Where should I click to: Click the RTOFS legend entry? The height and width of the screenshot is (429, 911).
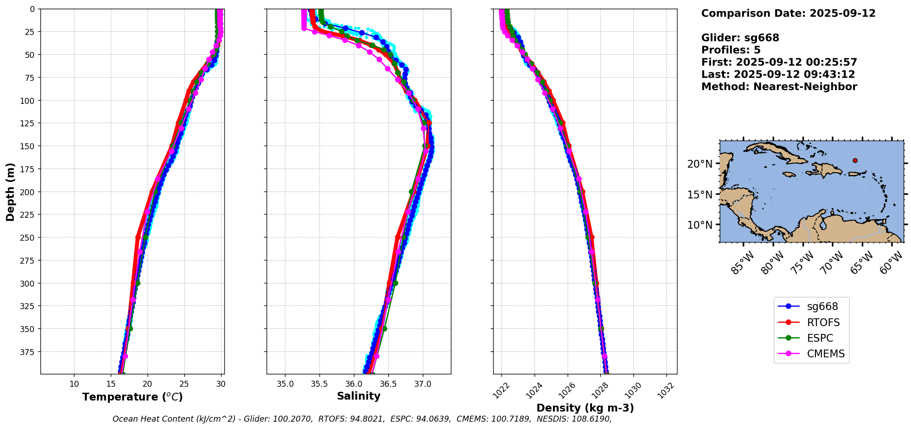tap(823, 322)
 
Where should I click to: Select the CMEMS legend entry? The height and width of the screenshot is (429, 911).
tap(826, 354)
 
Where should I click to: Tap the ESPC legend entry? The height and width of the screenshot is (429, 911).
tap(820, 338)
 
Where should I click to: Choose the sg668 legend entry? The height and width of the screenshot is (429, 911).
tap(822, 306)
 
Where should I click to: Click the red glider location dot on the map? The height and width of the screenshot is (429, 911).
tap(855, 160)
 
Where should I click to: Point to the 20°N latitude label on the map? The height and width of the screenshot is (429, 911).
tap(700, 164)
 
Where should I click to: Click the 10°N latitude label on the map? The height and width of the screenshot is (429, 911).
tap(700, 225)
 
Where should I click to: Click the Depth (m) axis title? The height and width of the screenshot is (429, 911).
tap(10, 192)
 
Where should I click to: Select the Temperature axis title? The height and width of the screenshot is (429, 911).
tap(132, 397)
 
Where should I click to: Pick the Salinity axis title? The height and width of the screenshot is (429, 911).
tap(359, 396)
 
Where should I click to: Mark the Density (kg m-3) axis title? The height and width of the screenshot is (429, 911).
tap(585, 408)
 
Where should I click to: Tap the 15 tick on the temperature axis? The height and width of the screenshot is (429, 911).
tap(111, 384)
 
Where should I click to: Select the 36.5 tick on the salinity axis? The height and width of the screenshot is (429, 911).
tap(388, 384)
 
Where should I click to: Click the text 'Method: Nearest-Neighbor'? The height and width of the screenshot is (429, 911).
tap(779, 87)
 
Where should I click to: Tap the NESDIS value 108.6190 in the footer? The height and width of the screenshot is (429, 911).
tap(591, 419)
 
